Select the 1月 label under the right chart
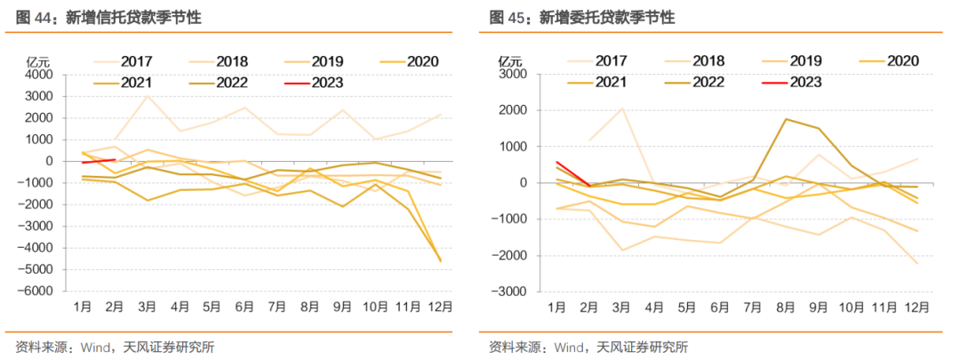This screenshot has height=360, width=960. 556,307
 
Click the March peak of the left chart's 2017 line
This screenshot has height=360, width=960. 148,96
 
